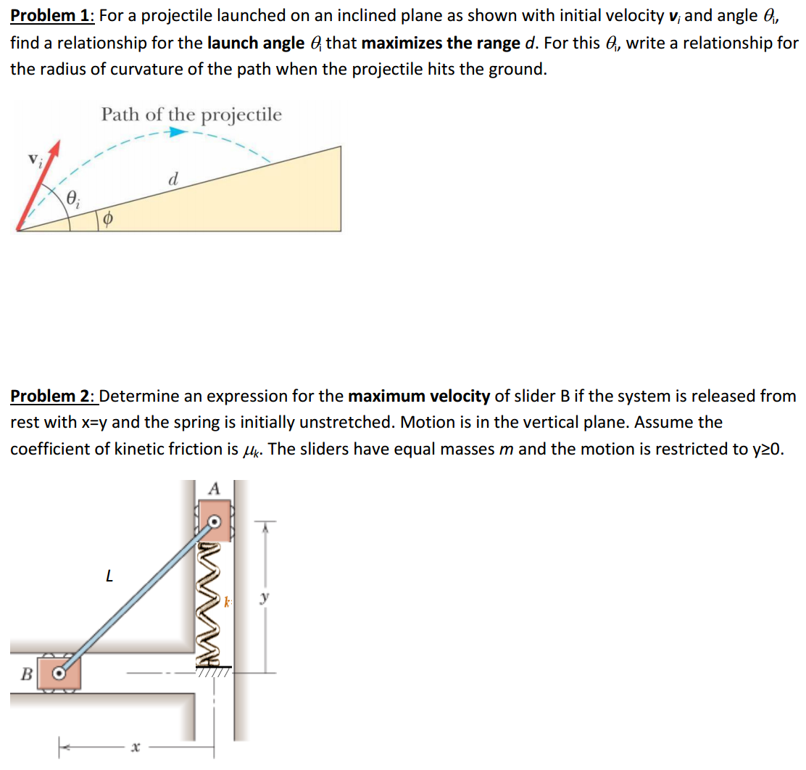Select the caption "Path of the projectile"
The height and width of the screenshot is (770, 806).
point(191,115)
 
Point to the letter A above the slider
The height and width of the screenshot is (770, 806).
point(213,489)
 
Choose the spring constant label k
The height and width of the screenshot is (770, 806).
point(228,602)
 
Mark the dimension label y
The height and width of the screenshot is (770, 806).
point(265,599)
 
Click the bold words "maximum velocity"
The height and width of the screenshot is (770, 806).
point(419,396)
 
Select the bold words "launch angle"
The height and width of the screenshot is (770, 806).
point(255,43)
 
